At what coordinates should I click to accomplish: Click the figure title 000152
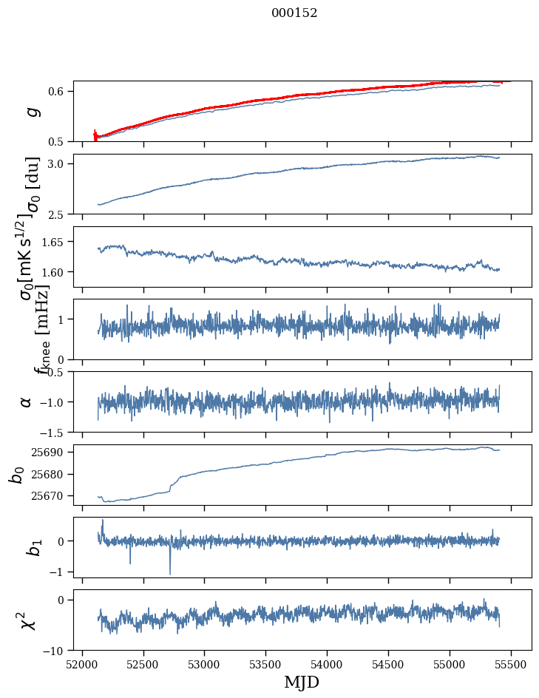[294, 13]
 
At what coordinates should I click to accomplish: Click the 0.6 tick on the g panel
[59, 91]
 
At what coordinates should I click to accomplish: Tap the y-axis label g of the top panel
[31, 112]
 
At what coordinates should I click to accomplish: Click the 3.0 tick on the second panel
[59, 163]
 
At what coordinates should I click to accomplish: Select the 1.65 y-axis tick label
[55, 242]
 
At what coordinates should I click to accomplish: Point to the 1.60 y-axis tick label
[55, 272]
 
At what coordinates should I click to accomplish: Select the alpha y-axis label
[26, 401]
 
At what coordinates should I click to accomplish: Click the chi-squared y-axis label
[26, 620]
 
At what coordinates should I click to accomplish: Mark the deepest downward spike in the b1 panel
[170, 574]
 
